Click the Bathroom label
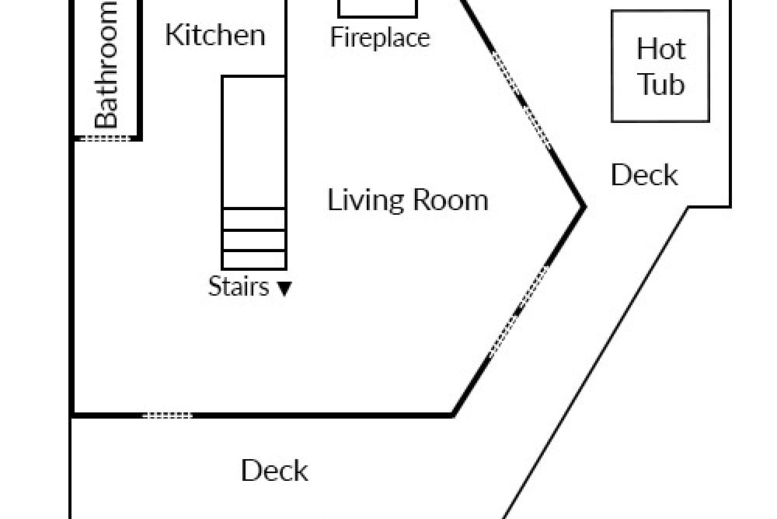click(x=106, y=65)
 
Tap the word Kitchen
click(x=215, y=35)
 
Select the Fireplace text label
click(x=380, y=37)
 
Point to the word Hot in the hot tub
click(x=661, y=49)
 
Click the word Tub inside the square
click(x=661, y=84)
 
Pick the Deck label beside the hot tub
click(x=644, y=175)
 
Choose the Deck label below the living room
click(x=274, y=471)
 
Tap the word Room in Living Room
click(x=451, y=201)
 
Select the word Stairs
click(x=239, y=286)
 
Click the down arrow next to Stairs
click(x=284, y=288)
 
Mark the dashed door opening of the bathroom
click(x=105, y=139)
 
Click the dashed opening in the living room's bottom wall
click(x=168, y=415)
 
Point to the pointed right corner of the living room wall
click(x=585, y=208)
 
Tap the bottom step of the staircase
click(x=254, y=260)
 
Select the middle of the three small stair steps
click(x=254, y=240)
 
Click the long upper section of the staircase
click(x=254, y=142)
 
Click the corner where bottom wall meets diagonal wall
click(x=453, y=414)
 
